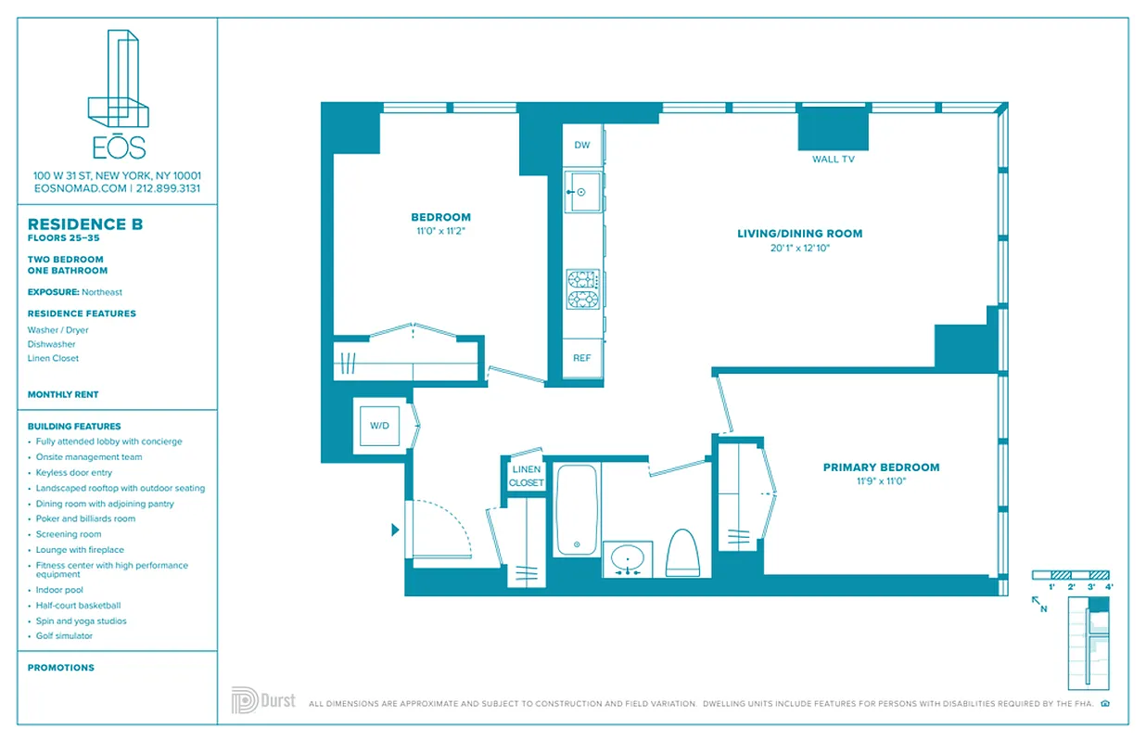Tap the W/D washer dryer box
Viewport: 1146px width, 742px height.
[x=380, y=426]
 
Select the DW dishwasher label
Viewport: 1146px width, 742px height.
[x=582, y=145]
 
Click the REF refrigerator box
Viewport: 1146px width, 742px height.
[x=581, y=358]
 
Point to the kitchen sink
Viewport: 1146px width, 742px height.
[x=581, y=193]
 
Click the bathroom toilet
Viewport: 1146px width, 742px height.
[x=682, y=553]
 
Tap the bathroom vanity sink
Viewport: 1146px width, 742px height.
[x=628, y=559]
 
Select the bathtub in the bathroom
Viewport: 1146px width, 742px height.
[x=577, y=510]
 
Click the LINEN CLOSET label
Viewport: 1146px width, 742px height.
[x=526, y=476]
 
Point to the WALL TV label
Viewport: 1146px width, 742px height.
[x=833, y=160]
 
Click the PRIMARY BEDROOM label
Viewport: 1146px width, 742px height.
[x=881, y=467]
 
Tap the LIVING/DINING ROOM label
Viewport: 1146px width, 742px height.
[x=799, y=234]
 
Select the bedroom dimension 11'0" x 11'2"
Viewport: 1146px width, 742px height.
[x=440, y=231]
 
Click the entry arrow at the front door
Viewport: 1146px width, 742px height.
[x=395, y=531]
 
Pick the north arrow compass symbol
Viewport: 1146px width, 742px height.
[x=1038, y=604]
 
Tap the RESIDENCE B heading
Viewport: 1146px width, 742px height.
[x=85, y=224]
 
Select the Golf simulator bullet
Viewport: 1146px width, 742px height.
[x=64, y=636]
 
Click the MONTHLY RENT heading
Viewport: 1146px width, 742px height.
[x=63, y=394]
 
